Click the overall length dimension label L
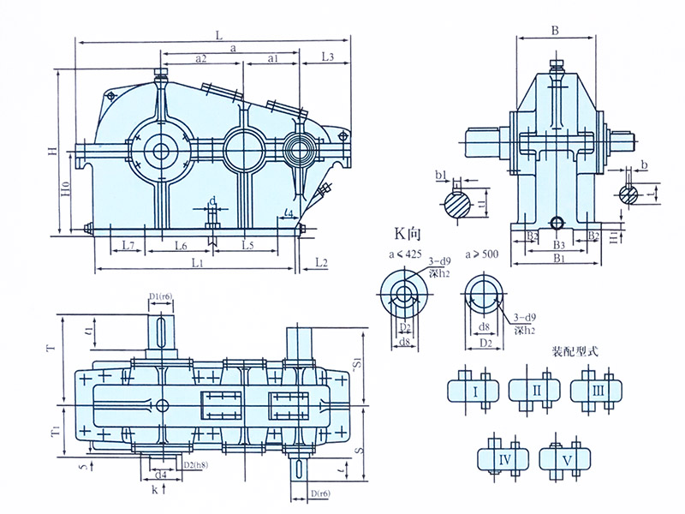[x=219, y=36]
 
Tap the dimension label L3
[x=326, y=57]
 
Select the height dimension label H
[x=53, y=152]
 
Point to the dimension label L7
[x=128, y=246]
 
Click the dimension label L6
[x=182, y=246]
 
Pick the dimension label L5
[x=246, y=246]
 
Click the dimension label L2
[x=321, y=260]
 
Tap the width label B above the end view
[x=555, y=31]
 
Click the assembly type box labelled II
[x=537, y=391]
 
